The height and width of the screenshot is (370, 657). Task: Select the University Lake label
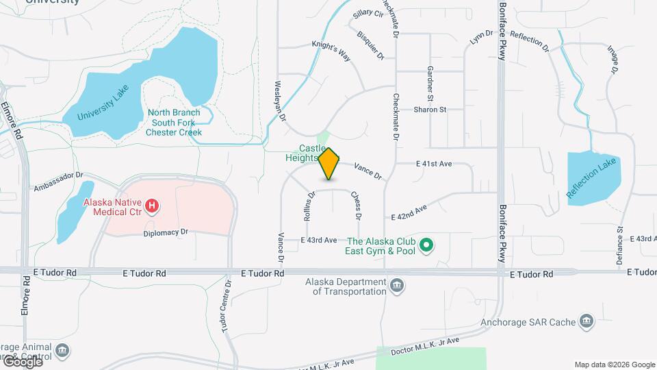click(x=103, y=107)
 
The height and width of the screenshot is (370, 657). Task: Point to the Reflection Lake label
click(x=592, y=179)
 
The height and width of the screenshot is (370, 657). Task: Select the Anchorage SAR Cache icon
click(x=585, y=321)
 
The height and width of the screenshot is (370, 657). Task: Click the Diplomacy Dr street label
click(x=166, y=233)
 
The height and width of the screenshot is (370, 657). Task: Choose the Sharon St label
click(x=430, y=109)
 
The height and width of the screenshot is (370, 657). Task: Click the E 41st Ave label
click(x=434, y=164)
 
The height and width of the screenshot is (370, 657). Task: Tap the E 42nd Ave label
click(x=409, y=212)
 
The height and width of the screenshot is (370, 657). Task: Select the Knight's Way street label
click(x=331, y=52)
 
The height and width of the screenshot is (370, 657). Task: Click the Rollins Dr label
click(x=309, y=205)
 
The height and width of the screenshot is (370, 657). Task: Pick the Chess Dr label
click(x=356, y=205)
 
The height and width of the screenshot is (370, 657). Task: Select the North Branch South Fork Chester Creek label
click(x=174, y=122)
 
